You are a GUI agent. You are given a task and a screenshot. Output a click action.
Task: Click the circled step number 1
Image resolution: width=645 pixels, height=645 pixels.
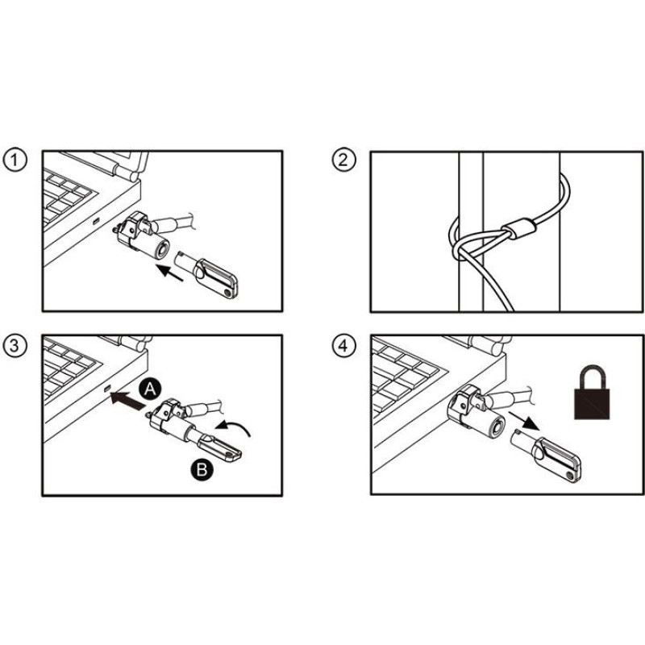(x=15, y=160)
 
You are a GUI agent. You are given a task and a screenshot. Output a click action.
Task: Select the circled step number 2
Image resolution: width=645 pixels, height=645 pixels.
(x=343, y=160)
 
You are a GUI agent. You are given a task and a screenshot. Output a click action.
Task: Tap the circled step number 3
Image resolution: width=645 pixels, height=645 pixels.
(x=15, y=345)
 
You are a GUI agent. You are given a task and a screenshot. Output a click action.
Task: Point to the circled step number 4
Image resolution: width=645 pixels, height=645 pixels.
(x=343, y=345)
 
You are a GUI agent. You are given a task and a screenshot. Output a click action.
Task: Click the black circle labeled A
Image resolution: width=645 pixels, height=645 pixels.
(x=150, y=389)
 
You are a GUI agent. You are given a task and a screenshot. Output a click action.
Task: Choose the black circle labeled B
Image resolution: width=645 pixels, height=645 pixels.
(x=202, y=469)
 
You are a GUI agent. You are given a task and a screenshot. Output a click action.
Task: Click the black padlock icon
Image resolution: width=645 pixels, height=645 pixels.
(x=592, y=392)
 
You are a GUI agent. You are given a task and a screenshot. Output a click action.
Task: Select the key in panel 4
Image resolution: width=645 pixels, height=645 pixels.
(x=546, y=455)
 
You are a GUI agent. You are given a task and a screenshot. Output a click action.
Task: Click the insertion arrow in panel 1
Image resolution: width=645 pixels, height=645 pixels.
(x=170, y=273)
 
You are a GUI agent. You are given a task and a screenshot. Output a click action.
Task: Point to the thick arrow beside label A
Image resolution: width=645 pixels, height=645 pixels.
(x=127, y=401)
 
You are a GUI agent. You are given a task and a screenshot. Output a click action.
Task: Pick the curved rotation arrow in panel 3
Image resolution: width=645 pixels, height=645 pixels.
(x=233, y=428)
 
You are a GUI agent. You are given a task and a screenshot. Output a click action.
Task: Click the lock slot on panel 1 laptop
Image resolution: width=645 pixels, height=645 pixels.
(x=96, y=222)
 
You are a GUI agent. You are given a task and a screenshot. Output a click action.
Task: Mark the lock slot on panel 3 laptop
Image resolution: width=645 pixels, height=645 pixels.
(x=107, y=389)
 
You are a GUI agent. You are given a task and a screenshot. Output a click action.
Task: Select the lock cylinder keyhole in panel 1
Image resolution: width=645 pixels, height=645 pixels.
(x=163, y=249)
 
